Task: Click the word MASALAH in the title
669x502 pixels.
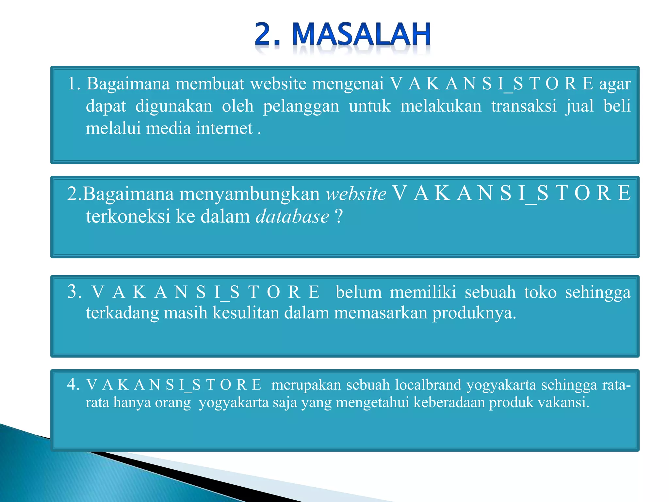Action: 361,34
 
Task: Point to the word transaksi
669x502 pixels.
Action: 524,106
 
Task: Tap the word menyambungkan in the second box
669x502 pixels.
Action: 250,194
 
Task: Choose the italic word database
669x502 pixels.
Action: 292,217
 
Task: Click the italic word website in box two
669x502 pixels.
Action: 356,194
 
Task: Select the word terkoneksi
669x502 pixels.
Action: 128,217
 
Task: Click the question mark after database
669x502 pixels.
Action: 339,217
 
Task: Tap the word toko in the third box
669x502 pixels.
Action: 540,292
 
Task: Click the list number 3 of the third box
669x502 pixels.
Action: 73,292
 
